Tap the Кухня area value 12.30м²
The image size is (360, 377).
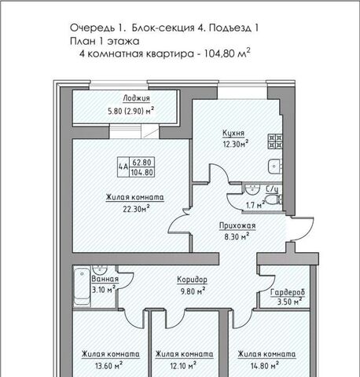pos(236,144)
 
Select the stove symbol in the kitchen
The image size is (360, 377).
pos(275,141)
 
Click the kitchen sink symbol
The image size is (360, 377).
pos(275,167)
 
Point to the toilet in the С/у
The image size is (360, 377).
pos(274,199)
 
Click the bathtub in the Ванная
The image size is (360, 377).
pos(83,287)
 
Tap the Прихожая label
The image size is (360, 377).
pos(237,225)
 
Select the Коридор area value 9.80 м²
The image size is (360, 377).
pos(193,291)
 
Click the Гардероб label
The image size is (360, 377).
pos(288,292)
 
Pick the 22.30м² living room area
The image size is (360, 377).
pos(136,209)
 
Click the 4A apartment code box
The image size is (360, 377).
pos(123,167)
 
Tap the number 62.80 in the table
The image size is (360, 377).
pos(141,163)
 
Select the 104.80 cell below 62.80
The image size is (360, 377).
pos(141,172)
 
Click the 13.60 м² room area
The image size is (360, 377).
pos(109,365)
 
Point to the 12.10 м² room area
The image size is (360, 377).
pos(183,365)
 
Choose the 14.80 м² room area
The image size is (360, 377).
pos(265,365)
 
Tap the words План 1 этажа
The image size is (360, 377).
pos(105,41)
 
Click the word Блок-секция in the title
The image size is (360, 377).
pos(163,27)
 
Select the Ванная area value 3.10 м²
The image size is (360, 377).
pos(104,290)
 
